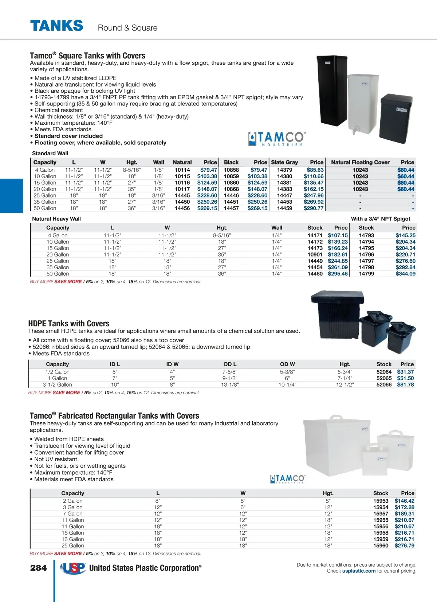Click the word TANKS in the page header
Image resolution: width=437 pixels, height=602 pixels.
pos(57,26)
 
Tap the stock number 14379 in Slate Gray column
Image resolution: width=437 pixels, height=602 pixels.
pos(284,170)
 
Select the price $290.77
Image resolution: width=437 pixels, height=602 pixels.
pos(314,208)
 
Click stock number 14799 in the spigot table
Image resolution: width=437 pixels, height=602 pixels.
pos(366,274)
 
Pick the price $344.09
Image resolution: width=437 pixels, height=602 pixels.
pos(405,274)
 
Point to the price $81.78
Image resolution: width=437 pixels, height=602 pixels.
pos(405,385)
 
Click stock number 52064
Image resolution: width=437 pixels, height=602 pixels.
pos(384,372)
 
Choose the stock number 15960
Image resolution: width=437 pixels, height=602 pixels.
pos(381,546)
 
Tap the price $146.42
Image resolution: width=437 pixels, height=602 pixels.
pos(404,501)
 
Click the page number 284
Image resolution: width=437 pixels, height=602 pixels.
pos(39,568)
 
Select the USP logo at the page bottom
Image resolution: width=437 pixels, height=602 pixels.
pos(73,568)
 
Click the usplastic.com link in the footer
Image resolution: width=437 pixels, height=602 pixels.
pos(359,571)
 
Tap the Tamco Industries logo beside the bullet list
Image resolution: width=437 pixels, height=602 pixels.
pos(277,139)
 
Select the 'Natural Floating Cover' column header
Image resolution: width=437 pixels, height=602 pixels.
pos(360,163)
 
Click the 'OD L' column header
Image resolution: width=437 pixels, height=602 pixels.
pos(230,364)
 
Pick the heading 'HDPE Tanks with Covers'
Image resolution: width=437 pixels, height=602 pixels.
pos(69,323)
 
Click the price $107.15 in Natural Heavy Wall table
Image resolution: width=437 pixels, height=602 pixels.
pos(338,236)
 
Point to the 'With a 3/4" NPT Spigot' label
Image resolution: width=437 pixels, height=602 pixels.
pos(381,219)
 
